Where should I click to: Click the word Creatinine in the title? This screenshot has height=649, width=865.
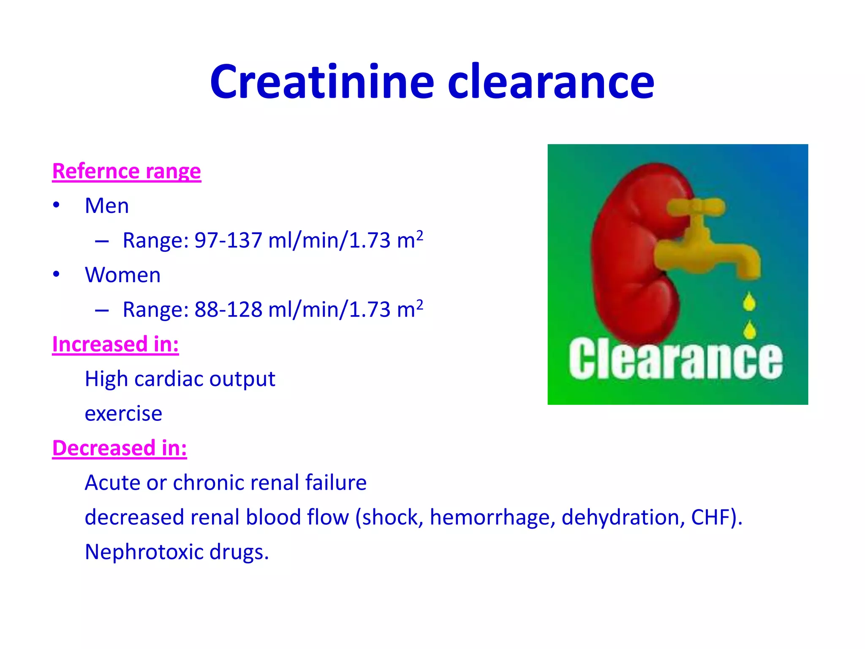322,82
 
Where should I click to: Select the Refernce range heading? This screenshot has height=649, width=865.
126,172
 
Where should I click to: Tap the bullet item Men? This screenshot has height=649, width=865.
107,206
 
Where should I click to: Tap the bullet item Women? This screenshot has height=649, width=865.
122,275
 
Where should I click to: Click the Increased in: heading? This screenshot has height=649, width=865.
115,344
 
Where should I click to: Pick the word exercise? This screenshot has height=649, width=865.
123,414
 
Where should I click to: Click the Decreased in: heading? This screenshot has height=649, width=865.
120,448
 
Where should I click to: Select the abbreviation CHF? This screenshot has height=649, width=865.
710,518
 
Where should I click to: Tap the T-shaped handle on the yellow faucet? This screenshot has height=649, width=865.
696,207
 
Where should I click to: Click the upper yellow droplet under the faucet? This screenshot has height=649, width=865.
749,302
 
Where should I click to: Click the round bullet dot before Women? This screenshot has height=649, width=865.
56,275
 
